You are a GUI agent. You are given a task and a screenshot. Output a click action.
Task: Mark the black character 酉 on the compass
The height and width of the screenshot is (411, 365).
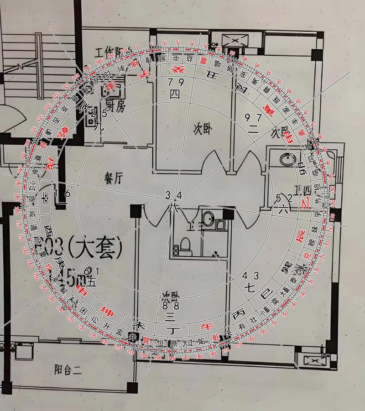point(48,228)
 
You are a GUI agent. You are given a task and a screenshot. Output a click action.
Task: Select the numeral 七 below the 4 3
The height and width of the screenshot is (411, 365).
point(250,288)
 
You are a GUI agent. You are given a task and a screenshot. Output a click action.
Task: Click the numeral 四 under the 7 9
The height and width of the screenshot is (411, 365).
point(174,94)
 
